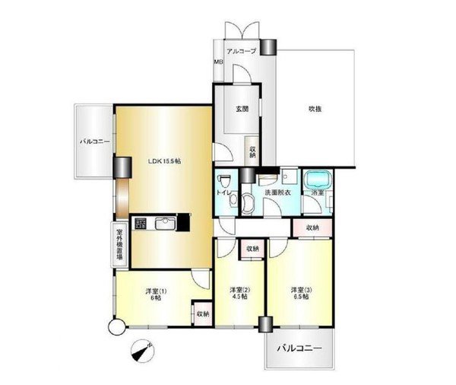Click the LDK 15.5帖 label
(164, 161)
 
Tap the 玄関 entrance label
(242, 110)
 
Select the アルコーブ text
(242, 51)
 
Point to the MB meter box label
(218, 62)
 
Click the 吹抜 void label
(315, 110)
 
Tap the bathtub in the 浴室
(318, 180)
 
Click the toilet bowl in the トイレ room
(224, 181)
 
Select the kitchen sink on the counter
(165, 224)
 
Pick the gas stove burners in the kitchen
(141, 224)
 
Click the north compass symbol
(143, 351)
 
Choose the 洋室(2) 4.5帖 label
(240, 293)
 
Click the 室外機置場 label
(119, 244)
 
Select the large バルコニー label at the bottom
(299, 348)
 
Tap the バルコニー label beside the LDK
(95, 142)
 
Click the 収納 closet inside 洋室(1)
(202, 313)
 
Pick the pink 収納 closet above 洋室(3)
(312, 228)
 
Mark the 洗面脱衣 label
(277, 192)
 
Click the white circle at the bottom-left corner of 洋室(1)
(116, 326)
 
